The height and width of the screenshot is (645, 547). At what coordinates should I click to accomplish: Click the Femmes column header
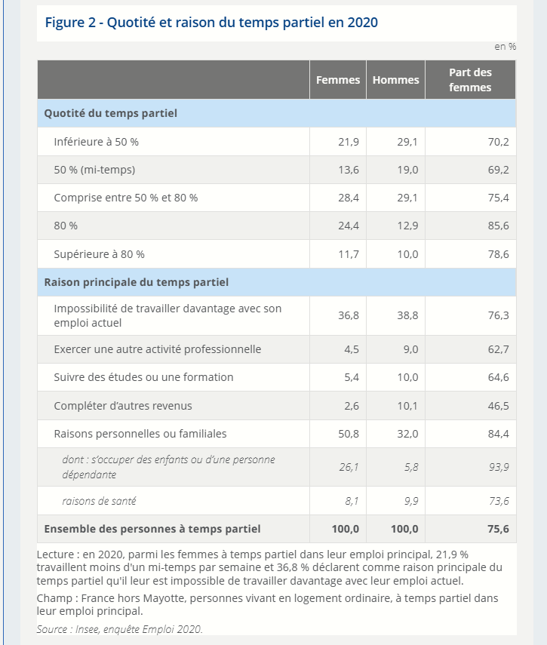[x=337, y=80]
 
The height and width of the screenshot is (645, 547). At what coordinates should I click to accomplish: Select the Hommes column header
[x=395, y=80]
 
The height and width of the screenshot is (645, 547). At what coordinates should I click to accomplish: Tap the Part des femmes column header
[x=470, y=80]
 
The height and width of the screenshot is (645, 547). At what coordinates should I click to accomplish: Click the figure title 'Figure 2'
[x=211, y=22]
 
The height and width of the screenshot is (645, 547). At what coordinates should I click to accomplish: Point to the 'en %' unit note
[x=505, y=47]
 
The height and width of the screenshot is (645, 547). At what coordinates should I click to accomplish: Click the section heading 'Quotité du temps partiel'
[x=111, y=113]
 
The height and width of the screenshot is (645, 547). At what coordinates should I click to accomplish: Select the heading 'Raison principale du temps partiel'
[x=137, y=282]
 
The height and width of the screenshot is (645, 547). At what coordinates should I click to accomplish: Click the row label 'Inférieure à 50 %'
[x=96, y=142]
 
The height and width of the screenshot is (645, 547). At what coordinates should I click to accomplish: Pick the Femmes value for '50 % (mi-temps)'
[x=348, y=170]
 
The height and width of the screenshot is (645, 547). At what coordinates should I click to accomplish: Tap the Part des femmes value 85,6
[x=498, y=226]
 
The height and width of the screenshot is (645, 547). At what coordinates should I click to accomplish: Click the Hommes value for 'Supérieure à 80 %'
[x=407, y=254]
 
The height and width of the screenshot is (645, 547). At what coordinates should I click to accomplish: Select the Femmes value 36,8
[x=348, y=315]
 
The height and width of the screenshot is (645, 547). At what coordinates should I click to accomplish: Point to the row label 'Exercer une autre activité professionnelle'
[x=157, y=349]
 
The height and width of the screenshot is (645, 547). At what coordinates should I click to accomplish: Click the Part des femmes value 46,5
[x=498, y=406]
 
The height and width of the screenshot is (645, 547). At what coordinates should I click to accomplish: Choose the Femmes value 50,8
[x=348, y=434]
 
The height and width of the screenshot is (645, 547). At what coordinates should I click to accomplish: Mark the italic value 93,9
[x=498, y=467]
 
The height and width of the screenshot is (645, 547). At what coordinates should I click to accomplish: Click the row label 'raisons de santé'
[x=99, y=500]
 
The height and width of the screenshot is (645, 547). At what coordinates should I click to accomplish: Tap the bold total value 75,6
[x=498, y=529]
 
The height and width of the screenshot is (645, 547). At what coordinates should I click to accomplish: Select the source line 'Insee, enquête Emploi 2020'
[x=119, y=628]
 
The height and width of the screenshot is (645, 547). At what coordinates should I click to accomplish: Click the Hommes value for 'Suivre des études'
[x=407, y=377]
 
